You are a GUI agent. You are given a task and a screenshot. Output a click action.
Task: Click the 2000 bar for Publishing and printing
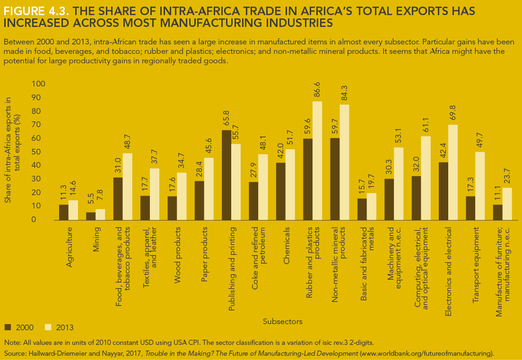click(226, 175)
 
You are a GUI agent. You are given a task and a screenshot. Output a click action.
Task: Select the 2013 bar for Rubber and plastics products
click(317, 161)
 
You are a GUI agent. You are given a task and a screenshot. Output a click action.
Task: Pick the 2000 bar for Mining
click(91, 216)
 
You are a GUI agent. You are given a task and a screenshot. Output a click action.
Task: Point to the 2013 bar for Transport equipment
click(480, 186)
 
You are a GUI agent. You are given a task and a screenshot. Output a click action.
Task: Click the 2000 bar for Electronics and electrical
click(444, 191)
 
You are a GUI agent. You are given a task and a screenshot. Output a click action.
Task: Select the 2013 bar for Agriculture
click(73, 210)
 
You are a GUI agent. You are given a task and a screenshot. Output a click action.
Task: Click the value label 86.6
click(318, 90)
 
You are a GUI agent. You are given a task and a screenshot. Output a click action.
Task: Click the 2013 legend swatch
click(48, 327)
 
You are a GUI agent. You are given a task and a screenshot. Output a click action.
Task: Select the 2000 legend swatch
click(8, 327)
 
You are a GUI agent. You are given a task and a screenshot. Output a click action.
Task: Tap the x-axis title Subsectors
click(282, 321)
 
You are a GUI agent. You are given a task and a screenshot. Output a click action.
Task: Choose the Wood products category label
click(178, 256)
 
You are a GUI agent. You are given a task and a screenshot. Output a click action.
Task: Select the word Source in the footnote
click(14, 353)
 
